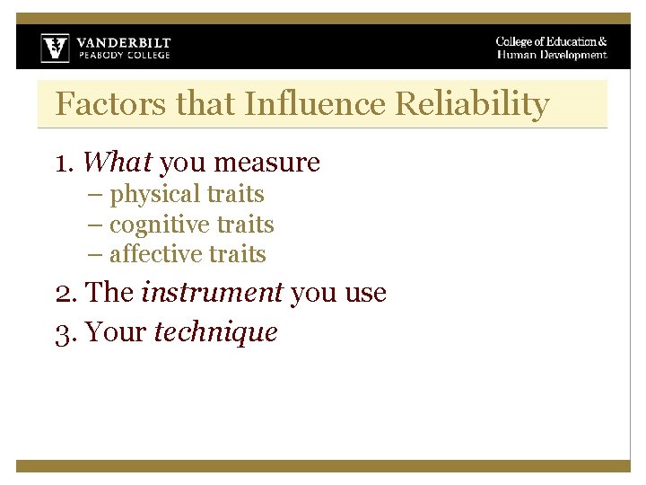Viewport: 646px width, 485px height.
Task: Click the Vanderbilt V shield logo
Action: [x=55, y=48]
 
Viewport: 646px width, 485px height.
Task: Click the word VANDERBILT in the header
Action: [x=123, y=42]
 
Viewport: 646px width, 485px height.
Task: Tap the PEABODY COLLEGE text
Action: [x=123, y=56]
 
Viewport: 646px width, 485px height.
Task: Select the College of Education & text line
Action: [x=551, y=41]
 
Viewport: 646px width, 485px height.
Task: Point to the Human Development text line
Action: [x=552, y=56]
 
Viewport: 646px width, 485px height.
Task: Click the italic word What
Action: [x=118, y=163]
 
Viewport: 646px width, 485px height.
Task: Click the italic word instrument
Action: [x=213, y=293]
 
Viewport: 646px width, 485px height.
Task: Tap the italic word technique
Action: [x=216, y=332]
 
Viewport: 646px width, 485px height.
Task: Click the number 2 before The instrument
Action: [x=62, y=294]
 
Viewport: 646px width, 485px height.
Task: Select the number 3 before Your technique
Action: [x=62, y=333]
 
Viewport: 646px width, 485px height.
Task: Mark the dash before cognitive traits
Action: [x=95, y=225]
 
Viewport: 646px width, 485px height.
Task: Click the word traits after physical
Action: [x=235, y=195]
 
